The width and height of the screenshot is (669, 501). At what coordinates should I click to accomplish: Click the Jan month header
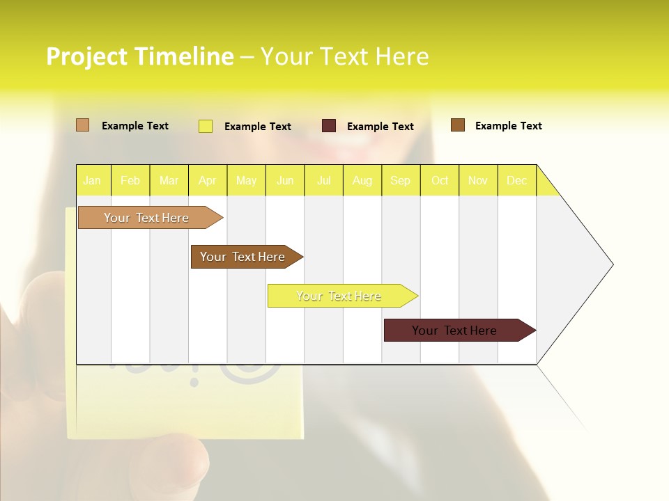[x=92, y=180]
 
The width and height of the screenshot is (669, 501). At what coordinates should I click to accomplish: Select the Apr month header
[x=207, y=180]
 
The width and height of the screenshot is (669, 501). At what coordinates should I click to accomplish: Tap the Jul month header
[x=323, y=180]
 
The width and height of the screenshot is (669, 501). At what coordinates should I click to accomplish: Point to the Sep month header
[x=400, y=180]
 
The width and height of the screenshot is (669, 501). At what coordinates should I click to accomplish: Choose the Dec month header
[x=516, y=180]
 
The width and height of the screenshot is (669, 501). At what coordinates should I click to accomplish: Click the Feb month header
[x=130, y=180]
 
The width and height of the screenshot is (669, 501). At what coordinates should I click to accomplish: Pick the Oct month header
[x=440, y=180]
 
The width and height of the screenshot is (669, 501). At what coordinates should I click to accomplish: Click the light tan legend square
[x=82, y=125]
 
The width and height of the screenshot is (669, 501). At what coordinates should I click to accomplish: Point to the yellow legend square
[x=206, y=126]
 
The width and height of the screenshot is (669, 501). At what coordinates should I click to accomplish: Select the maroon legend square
[x=329, y=126]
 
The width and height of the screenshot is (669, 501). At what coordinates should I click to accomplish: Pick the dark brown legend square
[x=458, y=125]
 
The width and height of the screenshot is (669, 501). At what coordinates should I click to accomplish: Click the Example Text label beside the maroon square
[x=380, y=127]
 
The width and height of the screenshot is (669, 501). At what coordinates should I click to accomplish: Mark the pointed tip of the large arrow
[x=611, y=264]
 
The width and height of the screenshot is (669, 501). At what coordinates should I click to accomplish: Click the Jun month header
[x=285, y=180]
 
